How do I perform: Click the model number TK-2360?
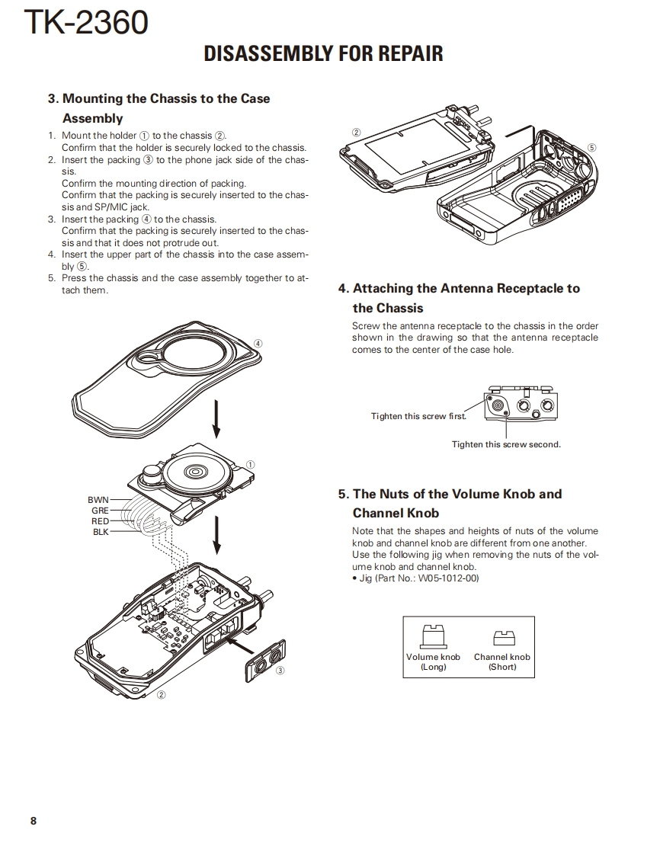point(86,23)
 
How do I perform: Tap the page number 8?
point(33,821)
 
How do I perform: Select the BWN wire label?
point(98,500)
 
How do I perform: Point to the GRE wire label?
point(100,511)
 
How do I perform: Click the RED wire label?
point(100,521)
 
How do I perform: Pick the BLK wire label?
point(101,532)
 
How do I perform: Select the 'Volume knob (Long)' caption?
point(433,661)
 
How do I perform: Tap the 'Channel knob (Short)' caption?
point(501,661)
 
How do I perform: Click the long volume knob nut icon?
point(433,636)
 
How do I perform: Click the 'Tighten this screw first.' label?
point(418,416)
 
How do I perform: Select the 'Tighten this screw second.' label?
point(506,444)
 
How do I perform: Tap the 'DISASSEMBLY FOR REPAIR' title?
point(324,54)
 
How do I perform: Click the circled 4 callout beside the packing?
point(258,343)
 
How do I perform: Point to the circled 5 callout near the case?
point(592,149)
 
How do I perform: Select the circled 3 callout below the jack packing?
point(280,671)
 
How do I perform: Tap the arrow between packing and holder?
point(216,419)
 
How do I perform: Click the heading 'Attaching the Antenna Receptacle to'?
point(459,288)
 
